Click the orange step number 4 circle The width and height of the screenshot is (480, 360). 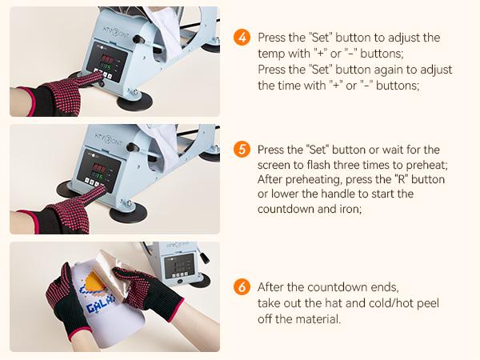click(x=242, y=38)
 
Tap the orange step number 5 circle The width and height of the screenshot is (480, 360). click(x=242, y=149)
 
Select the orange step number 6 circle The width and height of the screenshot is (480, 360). click(x=242, y=287)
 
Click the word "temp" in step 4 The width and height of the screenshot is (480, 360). click(x=270, y=54)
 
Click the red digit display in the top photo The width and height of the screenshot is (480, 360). click(x=108, y=58)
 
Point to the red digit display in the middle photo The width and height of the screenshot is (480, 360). click(x=99, y=168)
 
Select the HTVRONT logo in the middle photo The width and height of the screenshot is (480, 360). click(x=108, y=139)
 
